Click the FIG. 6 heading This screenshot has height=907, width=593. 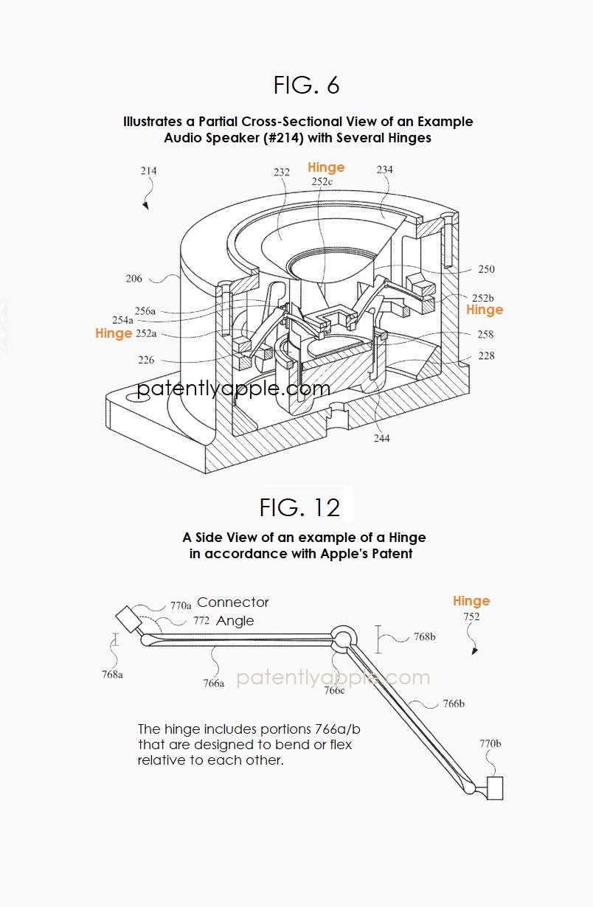[x=306, y=86]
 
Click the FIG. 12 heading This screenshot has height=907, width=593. [x=299, y=507]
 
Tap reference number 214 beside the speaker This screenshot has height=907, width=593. [x=148, y=171]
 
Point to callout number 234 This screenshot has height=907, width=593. [x=384, y=170]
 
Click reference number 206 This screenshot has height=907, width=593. [x=133, y=279]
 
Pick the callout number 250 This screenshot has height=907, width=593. [x=486, y=270]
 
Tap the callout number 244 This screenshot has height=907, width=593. [x=381, y=438]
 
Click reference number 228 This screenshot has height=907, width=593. [x=486, y=356]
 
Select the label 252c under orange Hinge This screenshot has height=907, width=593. [x=321, y=181]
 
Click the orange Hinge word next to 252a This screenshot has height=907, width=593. [x=113, y=333]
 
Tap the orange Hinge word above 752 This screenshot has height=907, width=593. [x=471, y=601]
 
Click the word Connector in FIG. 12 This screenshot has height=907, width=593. [x=233, y=602]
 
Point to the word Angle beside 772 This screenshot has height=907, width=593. [x=235, y=621]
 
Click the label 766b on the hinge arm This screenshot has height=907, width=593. [x=453, y=703]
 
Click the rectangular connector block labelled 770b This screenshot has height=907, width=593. [x=494, y=788]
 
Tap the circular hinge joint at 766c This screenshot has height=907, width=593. [x=344, y=637]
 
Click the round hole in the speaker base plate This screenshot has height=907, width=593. [x=143, y=395]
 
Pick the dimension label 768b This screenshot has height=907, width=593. [x=423, y=636]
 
